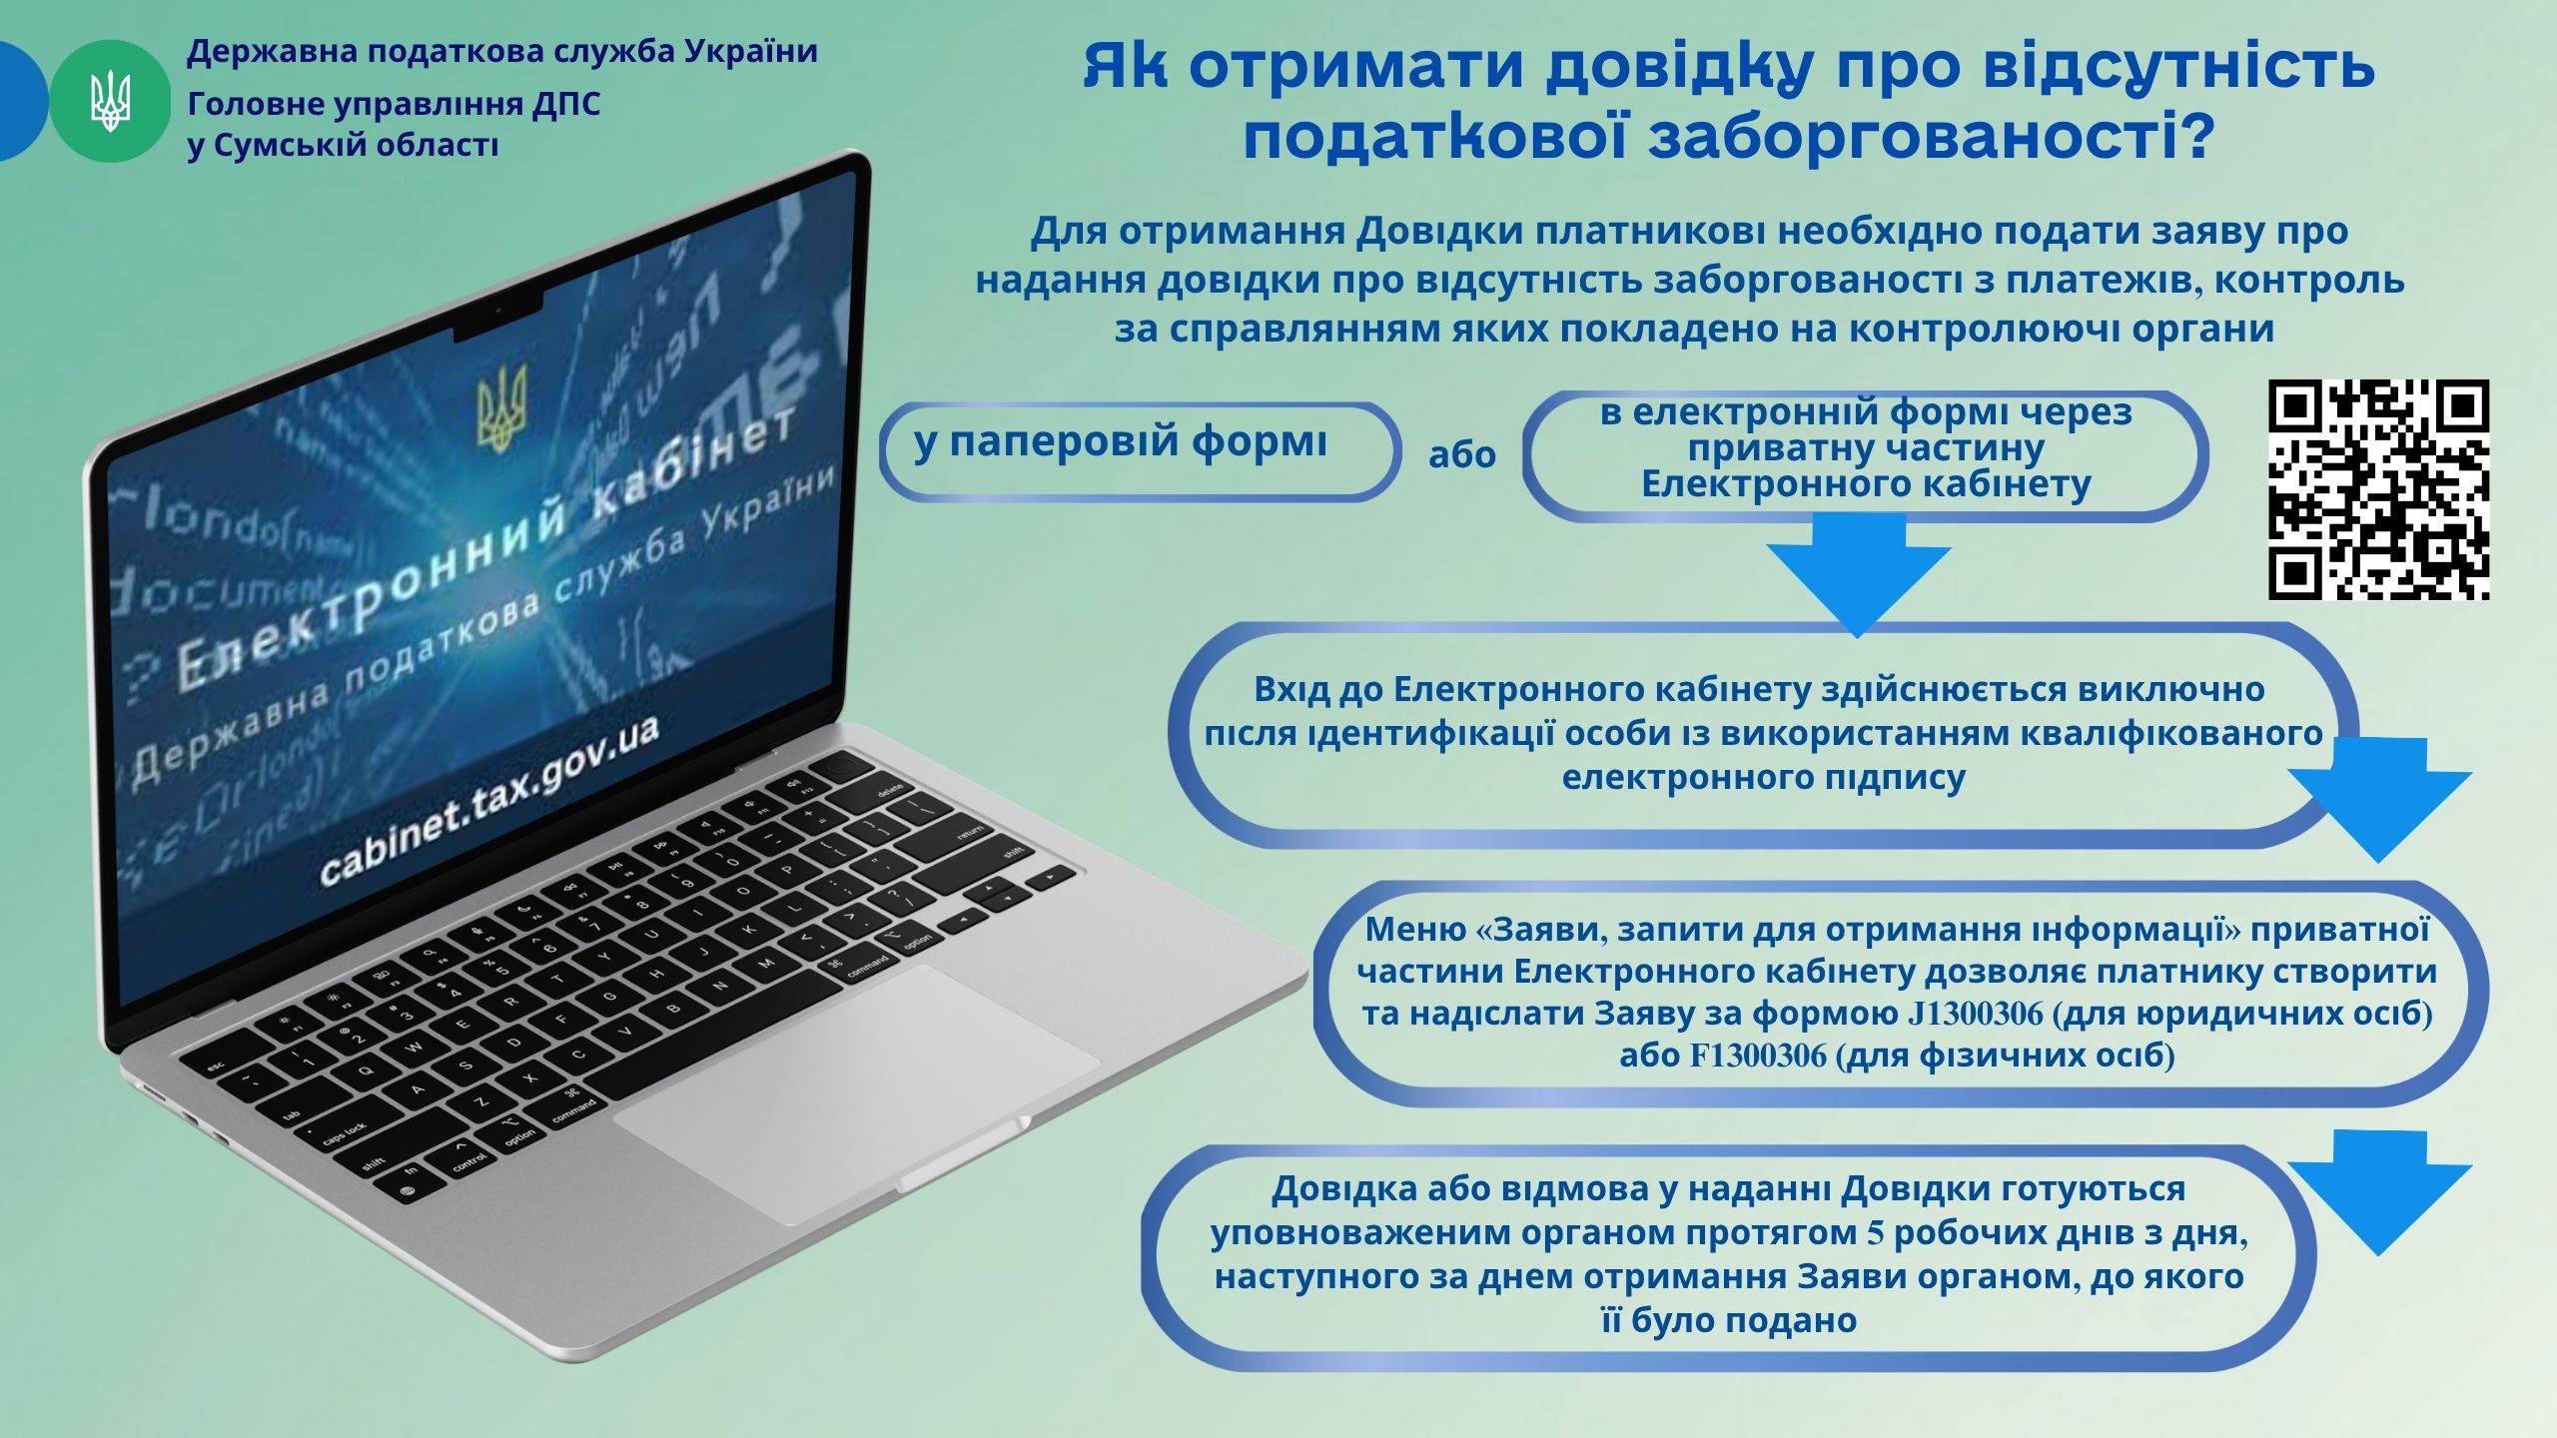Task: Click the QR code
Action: click(x=2378, y=489)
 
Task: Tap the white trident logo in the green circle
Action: click(x=110, y=102)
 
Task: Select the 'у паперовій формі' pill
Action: click(x=1139, y=451)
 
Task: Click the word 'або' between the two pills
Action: click(x=1461, y=454)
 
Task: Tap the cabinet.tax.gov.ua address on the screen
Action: click(x=488, y=803)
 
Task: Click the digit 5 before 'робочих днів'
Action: click(x=1875, y=1233)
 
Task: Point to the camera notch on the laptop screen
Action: click(x=499, y=320)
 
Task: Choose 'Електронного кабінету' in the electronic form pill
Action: click(x=1866, y=485)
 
